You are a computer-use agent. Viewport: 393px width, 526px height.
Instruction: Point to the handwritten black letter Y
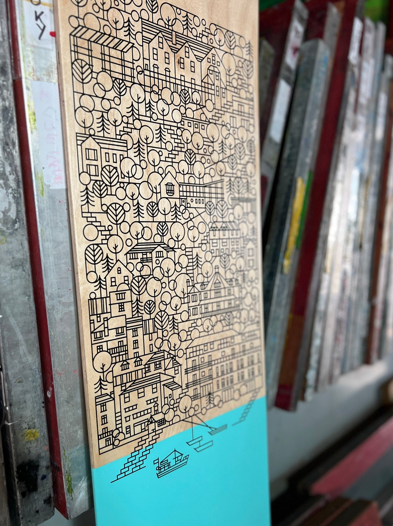click(x=41, y=33)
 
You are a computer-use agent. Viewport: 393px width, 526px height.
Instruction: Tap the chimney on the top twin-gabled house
click(x=174, y=35)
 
